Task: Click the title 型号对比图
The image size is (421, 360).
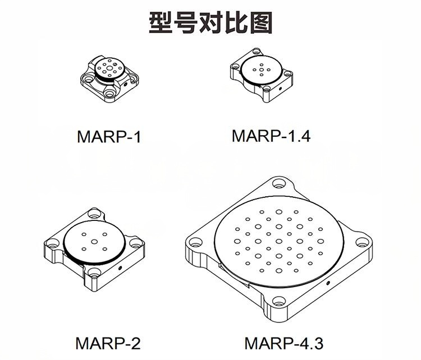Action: click(x=210, y=22)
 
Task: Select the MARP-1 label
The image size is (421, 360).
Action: click(x=109, y=137)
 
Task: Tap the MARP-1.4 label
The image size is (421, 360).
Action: click(x=271, y=136)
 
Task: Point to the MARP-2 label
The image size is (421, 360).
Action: click(x=108, y=343)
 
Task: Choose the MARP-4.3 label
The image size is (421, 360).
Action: click(x=284, y=343)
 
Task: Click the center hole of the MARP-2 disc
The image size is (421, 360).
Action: click(x=94, y=242)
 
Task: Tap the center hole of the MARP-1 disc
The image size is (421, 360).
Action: click(x=109, y=68)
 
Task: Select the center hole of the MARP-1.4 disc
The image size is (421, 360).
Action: click(x=261, y=69)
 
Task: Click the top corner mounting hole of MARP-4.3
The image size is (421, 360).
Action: click(x=278, y=184)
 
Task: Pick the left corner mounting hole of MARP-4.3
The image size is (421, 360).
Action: click(x=195, y=242)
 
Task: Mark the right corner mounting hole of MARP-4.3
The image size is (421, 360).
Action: click(x=362, y=242)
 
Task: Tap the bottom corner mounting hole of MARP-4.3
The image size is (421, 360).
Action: click(x=279, y=301)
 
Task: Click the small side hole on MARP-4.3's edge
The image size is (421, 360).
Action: click(x=328, y=283)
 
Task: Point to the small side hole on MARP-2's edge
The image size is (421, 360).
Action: click(x=120, y=267)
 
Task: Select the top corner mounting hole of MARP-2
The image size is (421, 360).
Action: click(x=94, y=213)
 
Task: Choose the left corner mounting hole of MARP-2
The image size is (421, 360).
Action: click(x=52, y=243)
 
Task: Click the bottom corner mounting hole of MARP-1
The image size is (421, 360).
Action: click(x=109, y=93)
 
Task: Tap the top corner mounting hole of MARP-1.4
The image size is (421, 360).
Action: click(x=257, y=50)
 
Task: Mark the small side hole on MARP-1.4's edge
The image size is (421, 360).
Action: click(x=280, y=88)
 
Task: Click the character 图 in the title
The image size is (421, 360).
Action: click(x=261, y=23)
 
